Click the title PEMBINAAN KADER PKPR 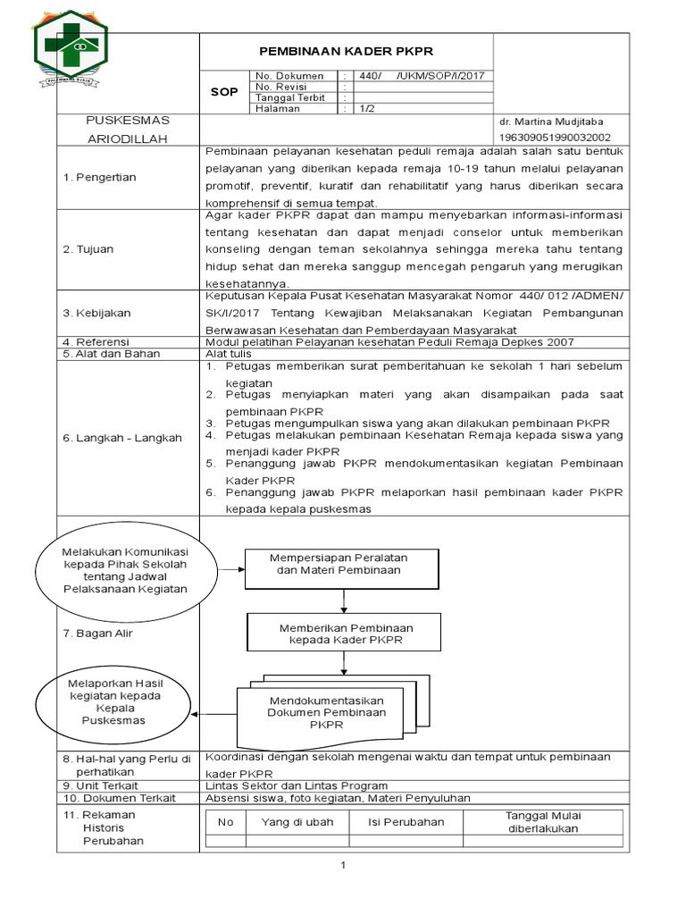point(345,51)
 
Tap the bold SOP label point(222,92)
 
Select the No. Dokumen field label point(289,76)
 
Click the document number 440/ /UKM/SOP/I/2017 point(421,76)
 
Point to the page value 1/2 point(367,109)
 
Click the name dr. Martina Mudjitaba point(551,121)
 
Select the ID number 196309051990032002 point(555,138)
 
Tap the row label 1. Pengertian point(99,177)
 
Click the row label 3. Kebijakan point(97,313)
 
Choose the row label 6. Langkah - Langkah point(121,438)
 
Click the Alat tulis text point(229,354)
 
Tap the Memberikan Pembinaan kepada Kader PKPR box point(345,634)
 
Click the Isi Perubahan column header point(406,821)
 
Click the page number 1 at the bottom point(343,865)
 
